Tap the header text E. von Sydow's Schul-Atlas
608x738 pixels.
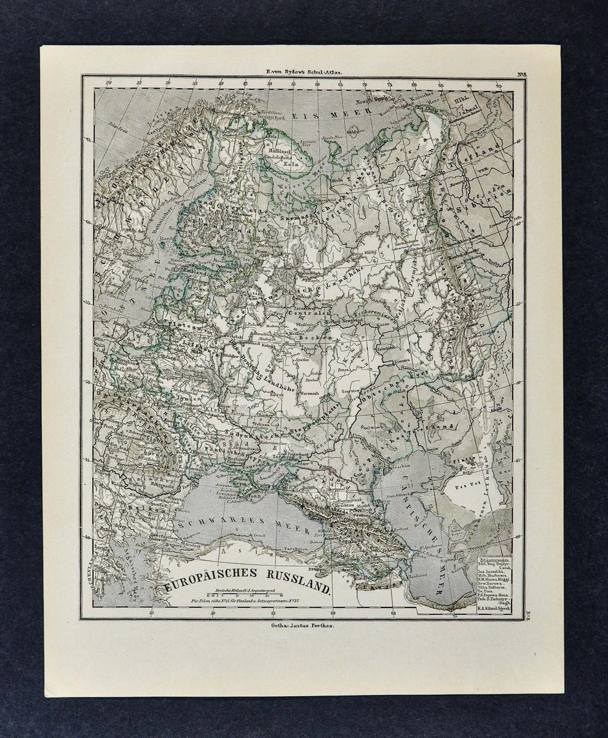tap(304, 71)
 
